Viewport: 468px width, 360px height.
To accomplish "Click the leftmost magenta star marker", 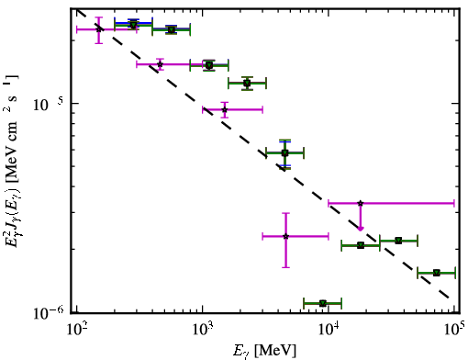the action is [x=98, y=29].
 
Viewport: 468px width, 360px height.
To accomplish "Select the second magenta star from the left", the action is [x=160, y=64].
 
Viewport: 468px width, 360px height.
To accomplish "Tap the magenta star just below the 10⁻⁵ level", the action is [x=225, y=109].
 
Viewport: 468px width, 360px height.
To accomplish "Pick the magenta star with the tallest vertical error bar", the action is [x=285, y=236].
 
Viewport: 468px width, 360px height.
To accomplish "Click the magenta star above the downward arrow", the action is [x=361, y=203].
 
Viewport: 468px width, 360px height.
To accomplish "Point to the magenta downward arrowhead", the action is [x=361, y=229].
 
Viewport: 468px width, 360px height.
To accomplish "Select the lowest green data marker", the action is [x=323, y=303].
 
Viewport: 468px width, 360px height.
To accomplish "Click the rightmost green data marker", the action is [x=437, y=273].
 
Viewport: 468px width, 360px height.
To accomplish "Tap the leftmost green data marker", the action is [x=133, y=25].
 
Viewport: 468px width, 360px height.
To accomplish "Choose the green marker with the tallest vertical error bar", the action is [x=284, y=152].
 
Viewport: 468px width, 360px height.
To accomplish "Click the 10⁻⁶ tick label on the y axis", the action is [x=49, y=312].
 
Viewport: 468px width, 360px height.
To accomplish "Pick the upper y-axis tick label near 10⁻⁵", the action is [x=48, y=104].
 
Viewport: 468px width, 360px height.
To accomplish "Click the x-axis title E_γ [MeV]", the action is [x=264, y=351].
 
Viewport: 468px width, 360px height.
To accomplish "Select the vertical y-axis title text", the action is [x=11, y=162].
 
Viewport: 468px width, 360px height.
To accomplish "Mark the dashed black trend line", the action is [x=263, y=153].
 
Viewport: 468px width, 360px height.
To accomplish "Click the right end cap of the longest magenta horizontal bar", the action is [x=454, y=203].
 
